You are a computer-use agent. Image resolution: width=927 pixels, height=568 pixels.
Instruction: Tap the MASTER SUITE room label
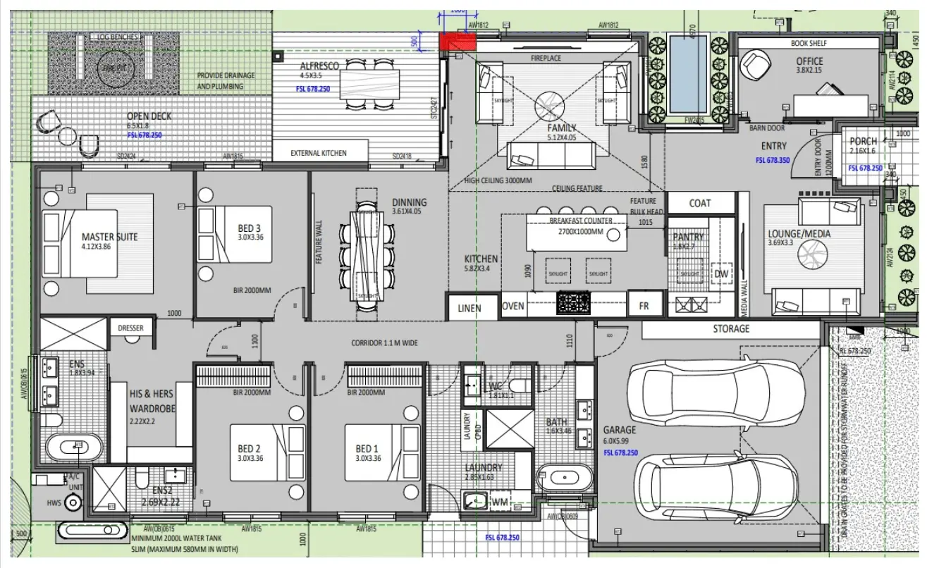[109, 237]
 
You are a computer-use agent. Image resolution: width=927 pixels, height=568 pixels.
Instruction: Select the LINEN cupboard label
[469, 308]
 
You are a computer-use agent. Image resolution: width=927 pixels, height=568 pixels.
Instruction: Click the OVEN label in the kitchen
[512, 306]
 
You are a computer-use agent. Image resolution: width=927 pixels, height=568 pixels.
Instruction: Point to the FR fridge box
[644, 306]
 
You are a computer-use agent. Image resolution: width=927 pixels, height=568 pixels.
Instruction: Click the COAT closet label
[699, 203]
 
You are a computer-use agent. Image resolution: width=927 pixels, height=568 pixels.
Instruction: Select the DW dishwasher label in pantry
[721, 274]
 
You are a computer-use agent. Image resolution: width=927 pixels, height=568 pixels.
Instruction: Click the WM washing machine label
[499, 502]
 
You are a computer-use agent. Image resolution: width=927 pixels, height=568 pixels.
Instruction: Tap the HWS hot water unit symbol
[73, 502]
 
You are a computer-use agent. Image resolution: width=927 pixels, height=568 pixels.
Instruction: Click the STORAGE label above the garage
[731, 329]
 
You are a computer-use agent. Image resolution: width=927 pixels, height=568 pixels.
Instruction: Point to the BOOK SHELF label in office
[809, 43]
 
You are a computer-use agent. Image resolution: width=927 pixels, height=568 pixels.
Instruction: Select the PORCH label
[863, 141]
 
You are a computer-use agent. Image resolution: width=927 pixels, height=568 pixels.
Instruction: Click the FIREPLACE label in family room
[546, 58]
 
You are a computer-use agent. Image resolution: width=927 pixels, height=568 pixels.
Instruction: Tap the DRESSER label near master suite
[130, 328]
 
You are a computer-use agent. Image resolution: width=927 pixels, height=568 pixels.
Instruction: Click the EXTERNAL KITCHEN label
[319, 153]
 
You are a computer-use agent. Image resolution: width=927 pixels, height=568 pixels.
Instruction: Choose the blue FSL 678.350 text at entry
[773, 160]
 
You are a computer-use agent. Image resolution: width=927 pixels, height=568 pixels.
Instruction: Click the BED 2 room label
[250, 449]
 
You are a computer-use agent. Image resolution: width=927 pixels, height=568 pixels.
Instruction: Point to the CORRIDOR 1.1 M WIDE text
[384, 344]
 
